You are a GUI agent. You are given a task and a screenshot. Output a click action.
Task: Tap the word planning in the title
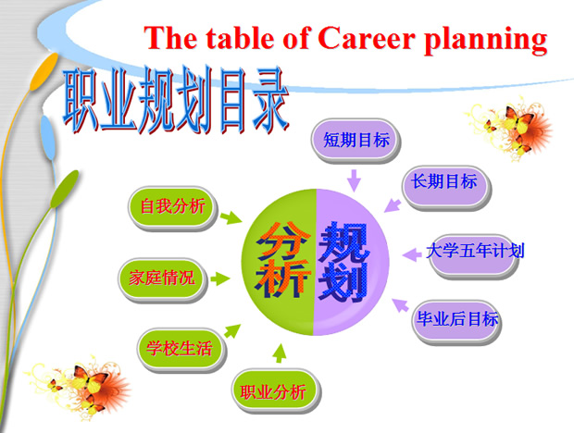tap(491, 40)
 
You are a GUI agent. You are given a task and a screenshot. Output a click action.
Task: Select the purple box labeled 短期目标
tap(356, 141)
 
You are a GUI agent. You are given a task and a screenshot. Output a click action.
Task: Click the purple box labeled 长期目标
tap(444, 182)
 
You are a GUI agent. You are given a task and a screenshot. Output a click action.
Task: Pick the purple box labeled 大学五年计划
tap(476, 250)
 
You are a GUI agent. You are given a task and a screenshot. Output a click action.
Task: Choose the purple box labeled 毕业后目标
tap(455, 320)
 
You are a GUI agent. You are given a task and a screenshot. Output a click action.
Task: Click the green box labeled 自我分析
tap(172, 204)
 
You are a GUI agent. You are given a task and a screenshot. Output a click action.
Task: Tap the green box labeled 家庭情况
tap(162, 277)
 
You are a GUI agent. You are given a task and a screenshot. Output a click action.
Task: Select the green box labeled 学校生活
tap(180, 348)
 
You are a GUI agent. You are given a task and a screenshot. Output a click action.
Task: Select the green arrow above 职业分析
tap(281, 353)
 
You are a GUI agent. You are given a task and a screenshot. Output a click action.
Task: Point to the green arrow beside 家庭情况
tap(220, 277)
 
